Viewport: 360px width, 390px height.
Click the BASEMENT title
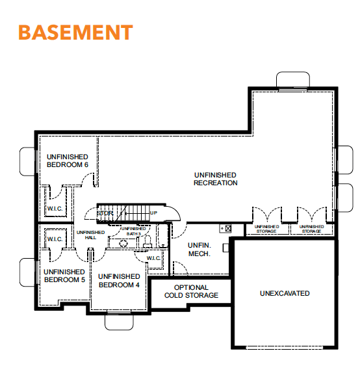point(75,32)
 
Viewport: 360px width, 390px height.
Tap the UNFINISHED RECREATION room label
point(216,179)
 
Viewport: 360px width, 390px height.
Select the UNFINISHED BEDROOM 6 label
point(68,161)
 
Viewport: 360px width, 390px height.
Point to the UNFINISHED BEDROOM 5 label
point(64,276)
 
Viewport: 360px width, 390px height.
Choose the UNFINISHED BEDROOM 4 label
point(119,281)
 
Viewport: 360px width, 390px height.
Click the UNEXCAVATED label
point(285,293)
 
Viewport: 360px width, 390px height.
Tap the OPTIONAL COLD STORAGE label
point(191,291)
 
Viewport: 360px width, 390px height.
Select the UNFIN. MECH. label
point(199,250)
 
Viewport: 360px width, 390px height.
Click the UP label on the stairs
point(153,213)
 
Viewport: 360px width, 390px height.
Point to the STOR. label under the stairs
point(105,213)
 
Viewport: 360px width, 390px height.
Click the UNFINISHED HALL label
point(90,235)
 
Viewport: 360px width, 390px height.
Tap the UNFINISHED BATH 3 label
point(133,231)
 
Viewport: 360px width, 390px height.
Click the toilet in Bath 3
point(148,242)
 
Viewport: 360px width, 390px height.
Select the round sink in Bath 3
point(123,243)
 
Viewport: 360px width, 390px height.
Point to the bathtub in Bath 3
point(162,235)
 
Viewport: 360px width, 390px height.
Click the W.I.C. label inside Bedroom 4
point(153,258)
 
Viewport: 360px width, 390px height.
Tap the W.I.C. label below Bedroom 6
point(55,209)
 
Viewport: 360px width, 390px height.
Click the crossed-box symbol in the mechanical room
point(228,228)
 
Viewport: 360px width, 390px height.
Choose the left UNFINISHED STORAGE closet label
point(266,229)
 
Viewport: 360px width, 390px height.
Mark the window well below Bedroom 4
point(119,322)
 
